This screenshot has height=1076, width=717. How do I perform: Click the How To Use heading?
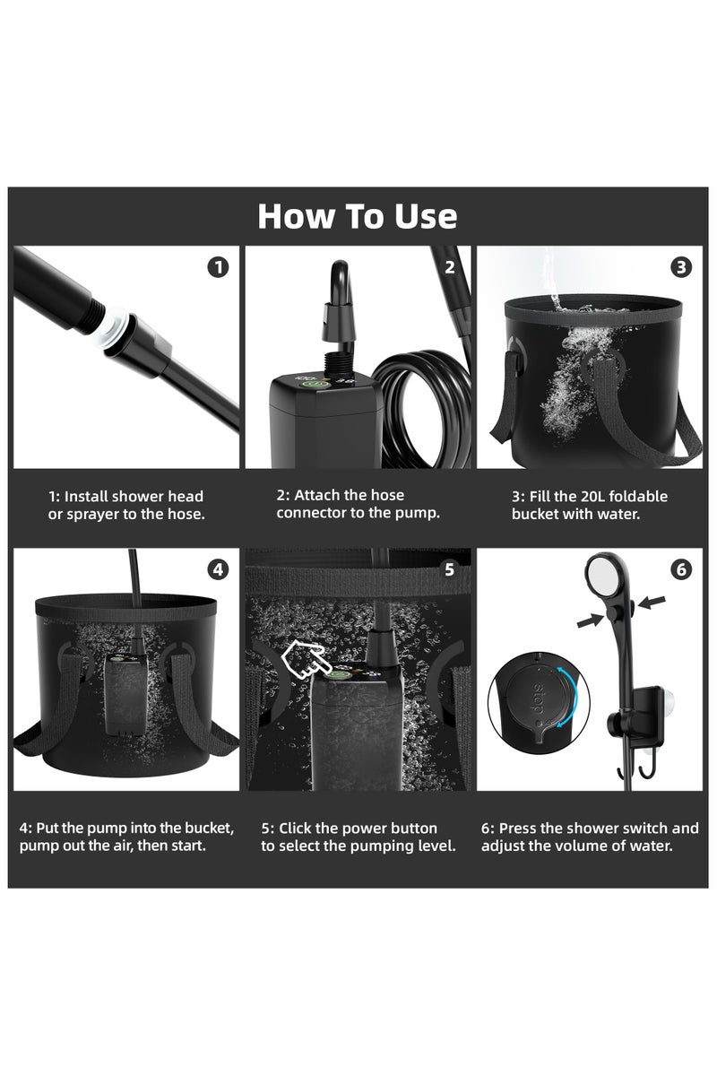358,216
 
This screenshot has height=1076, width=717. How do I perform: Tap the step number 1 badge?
218,266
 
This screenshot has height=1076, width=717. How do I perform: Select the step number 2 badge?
449,266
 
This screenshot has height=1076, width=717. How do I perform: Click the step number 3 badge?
681,266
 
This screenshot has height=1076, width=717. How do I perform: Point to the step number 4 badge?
218,568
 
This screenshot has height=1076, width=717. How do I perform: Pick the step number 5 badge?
449,568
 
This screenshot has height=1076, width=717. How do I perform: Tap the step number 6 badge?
681,568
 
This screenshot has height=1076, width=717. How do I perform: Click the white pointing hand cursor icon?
302,662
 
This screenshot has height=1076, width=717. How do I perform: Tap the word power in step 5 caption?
360,828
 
